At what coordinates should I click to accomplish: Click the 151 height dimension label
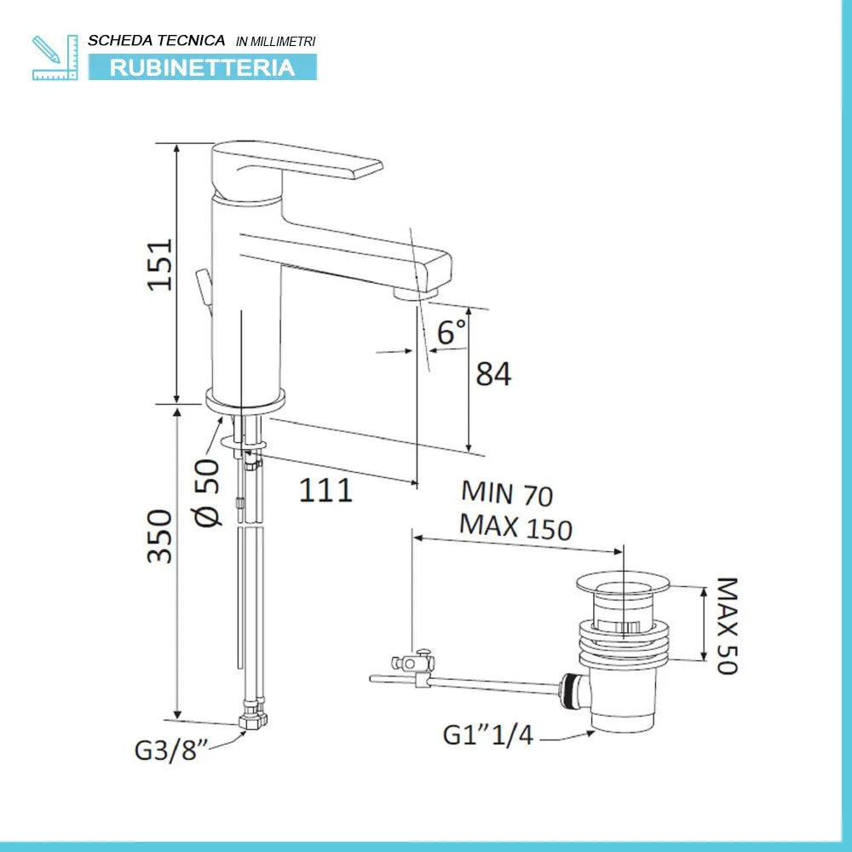tap(159, 264)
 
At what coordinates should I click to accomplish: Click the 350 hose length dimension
tap(160, 536)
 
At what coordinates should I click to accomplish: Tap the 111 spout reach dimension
tap(325, 490)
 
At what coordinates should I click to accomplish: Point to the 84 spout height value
tap(493, 373)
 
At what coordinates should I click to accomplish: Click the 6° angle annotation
tap(452, 332)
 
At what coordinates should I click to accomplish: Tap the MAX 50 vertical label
tap(726, 625)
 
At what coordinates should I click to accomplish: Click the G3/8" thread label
tap(171, 751)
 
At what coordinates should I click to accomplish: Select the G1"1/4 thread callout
tap(487, 734)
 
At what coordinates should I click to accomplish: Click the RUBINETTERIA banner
tap(203, 67)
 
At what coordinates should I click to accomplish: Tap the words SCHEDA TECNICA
tap(157, 40)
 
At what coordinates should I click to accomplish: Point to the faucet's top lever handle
tap(307, 164)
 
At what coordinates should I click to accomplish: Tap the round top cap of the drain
tap(624, 582)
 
